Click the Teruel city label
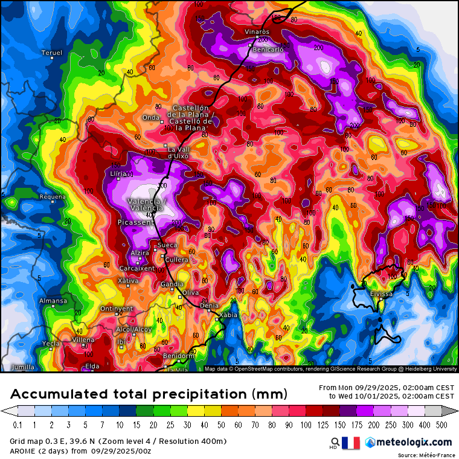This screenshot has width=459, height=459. point(52,53)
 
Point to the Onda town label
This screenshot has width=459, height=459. point(150,118)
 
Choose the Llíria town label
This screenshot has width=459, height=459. point(118,174)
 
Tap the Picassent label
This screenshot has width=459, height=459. point(136,223)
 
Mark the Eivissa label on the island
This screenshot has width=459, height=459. point(382,294)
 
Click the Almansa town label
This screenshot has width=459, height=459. point(53,301)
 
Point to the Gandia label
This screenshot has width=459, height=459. point(172,284)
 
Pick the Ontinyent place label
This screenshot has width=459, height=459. point(117,309)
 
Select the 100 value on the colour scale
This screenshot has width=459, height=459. point(312,425)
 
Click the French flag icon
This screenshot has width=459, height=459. point(351,443)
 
